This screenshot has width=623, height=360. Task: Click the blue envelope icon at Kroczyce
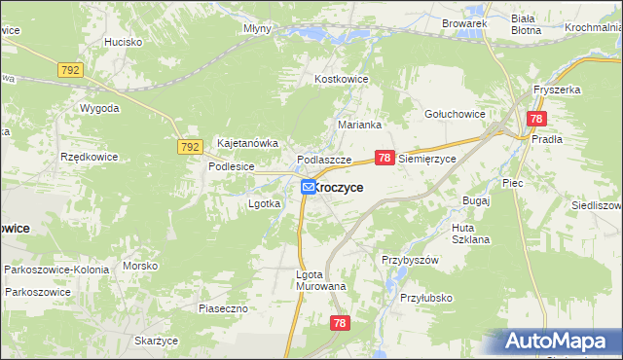308,186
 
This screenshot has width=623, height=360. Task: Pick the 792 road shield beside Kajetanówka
190,147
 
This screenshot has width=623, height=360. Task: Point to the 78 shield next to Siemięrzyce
385,157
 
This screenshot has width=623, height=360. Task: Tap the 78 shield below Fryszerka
536,119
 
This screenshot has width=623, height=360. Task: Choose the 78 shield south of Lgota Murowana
340,324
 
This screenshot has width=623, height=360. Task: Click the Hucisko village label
124,43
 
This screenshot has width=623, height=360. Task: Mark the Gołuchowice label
455,114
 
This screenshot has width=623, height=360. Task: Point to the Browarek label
463,22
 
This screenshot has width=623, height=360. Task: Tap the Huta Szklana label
470,234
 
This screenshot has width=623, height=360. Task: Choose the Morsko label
140,266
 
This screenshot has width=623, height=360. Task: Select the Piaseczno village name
225,308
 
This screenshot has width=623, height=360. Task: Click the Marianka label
358,125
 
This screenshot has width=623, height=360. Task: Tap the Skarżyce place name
156,341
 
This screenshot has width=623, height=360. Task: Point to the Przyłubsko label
426,299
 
